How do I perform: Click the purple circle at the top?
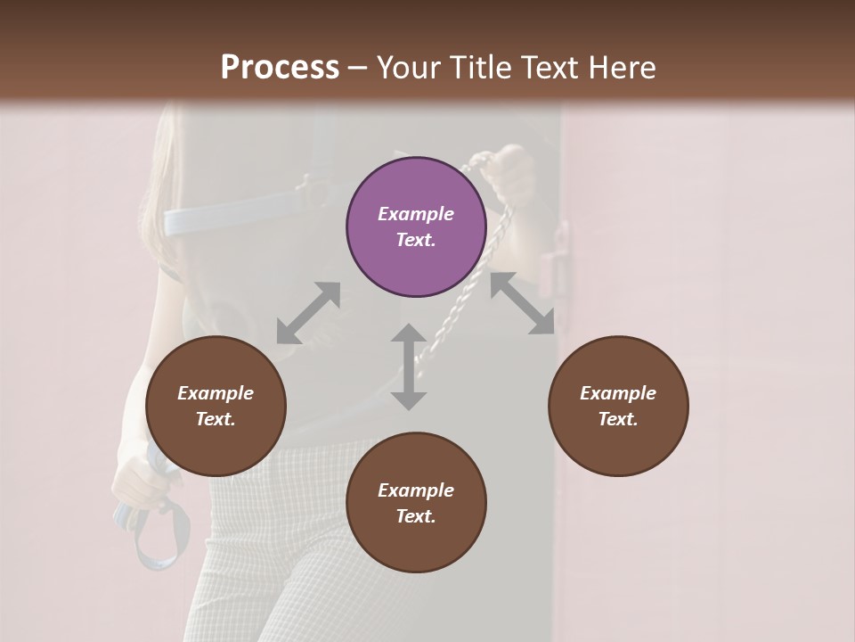(x=416, y=227)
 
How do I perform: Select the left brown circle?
(x=216, y=407)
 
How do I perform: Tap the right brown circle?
(x=618, y=407)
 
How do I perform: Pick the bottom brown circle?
(x=416, y=503)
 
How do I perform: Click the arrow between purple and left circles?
(x=308, y=313)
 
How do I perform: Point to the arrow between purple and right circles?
(x=522, y=303)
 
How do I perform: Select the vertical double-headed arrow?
(x=409, y=366)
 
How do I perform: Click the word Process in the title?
(x=280, y=68)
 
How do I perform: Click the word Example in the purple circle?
(x=416, y=214)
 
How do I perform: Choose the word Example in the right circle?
(x=618, y=393)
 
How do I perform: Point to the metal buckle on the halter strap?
(x=307, y=185)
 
